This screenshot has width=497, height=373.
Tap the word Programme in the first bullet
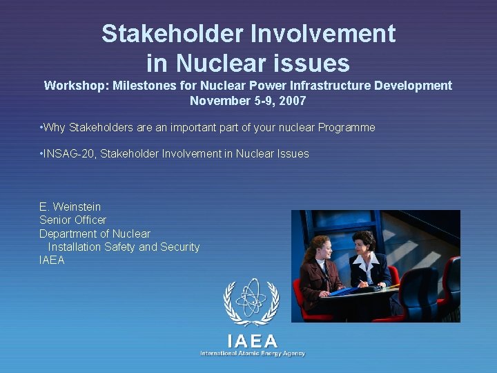347,127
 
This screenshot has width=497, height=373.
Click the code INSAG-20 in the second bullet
69,153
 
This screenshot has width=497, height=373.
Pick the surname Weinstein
76,207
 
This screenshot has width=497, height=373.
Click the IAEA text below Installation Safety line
52,260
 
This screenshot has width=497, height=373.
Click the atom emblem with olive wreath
251,303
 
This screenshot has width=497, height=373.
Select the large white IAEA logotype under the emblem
252,341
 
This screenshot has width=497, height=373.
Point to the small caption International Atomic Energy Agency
252,354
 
